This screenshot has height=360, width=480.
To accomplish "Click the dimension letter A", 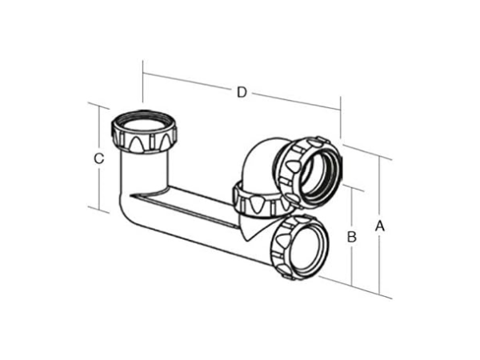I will click(380, 226).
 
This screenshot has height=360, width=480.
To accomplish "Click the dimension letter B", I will click(350, 237).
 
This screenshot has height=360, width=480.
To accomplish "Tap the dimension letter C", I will click(98, 158).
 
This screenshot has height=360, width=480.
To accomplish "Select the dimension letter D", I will click(241, 92).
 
